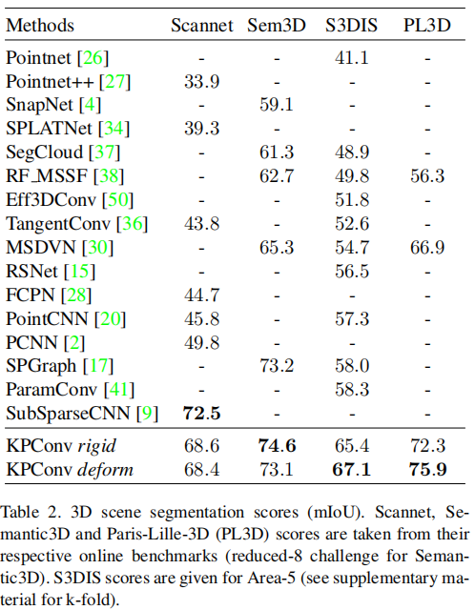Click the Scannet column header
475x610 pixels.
201,24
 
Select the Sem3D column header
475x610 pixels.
277,24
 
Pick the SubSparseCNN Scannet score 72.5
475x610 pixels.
201,415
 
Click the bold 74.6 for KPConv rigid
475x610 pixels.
277,445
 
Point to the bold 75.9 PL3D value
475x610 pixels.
428,469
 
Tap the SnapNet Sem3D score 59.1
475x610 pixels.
277,103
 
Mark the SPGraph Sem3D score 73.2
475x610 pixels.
277,366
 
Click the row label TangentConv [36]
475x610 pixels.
63,223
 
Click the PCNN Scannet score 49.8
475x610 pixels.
201,342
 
